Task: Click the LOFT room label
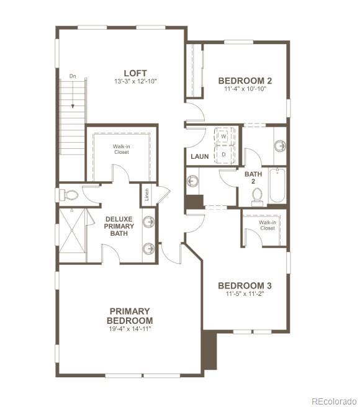[135, 73]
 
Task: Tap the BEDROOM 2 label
[245, 81]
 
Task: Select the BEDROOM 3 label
[245, 286]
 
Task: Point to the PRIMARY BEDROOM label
[129, 315]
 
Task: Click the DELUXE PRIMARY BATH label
[119, 226]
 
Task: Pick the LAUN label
[200, 157]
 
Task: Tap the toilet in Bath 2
[258, 197]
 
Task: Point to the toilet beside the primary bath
[69, 195]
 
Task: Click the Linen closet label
[147, 195]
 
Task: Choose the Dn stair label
[73, 76]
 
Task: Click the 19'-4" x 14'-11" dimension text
[129, 329]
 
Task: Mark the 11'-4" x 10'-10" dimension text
[245, 89]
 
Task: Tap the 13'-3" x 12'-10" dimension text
[135, 82]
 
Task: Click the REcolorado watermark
[334, 400]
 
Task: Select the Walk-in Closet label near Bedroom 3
[268, 225]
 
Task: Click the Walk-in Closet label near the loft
[122, 149]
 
